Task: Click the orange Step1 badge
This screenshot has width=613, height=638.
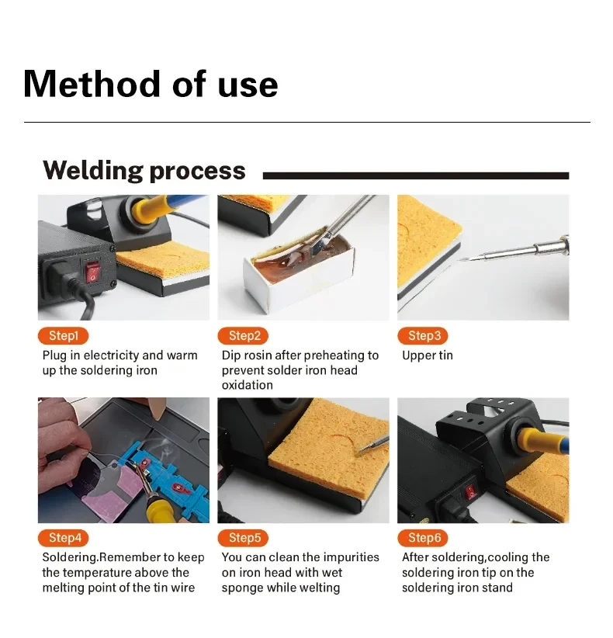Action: [x=63, y=335]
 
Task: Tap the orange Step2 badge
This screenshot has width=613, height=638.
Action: [x=243, y=335]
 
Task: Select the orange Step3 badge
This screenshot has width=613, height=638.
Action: [x=423, y=335]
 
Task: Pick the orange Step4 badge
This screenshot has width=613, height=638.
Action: [x=63, y=538]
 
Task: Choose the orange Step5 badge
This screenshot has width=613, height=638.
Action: [x=243, y=538]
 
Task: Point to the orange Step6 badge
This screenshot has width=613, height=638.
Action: [x=423, y=538]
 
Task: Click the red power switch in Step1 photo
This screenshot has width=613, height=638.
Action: [x=92, y=272]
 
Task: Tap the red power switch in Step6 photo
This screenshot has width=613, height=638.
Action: [x=471, y=492]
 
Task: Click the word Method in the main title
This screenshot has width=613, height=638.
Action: [x=92, y=85]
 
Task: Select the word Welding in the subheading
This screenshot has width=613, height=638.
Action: [x=93, y=171]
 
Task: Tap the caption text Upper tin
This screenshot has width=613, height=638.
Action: [x=427, y=355]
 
